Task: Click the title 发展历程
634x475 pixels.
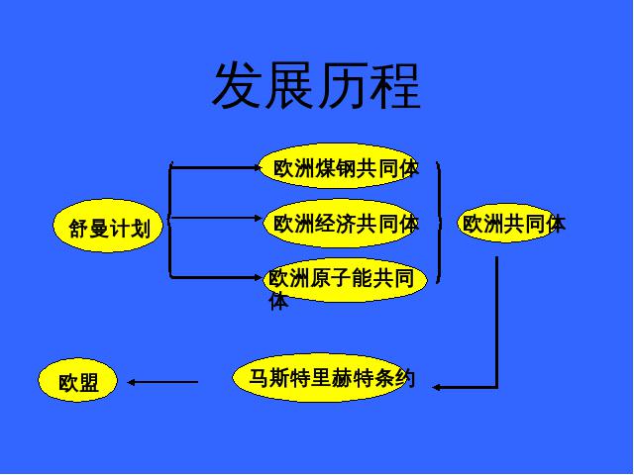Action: (x=316, y=86)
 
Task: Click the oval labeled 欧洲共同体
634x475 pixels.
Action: (x=507, y=223)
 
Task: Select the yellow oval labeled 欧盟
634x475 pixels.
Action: (x=77, y=382)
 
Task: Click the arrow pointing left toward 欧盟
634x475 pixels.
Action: (x=163, y=381)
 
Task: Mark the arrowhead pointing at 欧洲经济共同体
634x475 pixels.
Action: (x=262, y=218)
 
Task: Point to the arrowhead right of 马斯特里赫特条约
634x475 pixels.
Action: (x=437, y=387)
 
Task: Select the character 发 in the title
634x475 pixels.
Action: (x=238, y=86)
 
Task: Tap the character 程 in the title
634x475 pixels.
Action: (x=396, y=86)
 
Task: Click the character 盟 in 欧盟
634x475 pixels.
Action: (x=88, y=383)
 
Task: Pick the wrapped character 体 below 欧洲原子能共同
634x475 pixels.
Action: (x=279, y=302)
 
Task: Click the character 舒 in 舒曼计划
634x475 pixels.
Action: (x=78, y=230)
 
